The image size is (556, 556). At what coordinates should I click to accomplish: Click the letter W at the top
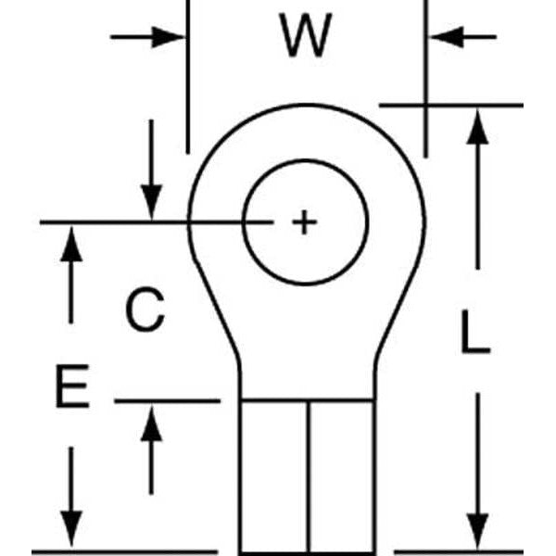[x=306, y=37]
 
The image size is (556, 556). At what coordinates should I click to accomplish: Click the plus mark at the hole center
[x=304, y=222]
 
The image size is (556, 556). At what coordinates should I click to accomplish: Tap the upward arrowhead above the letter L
[x=476, y=129]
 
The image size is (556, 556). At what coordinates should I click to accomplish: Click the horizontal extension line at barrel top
[x=167, y=401]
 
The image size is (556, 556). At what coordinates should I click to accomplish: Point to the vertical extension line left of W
[x=187, y=74]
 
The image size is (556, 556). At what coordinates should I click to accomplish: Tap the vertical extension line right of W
[x=426, y=74]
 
